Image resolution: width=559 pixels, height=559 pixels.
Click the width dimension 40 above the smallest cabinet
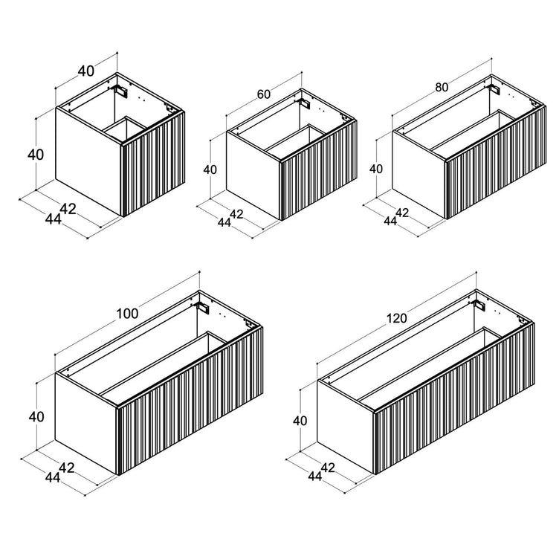[86, 71]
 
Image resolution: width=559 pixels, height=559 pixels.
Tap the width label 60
[263, 94]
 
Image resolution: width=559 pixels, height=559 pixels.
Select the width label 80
[442, 88]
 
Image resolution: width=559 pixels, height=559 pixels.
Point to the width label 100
[127, 314]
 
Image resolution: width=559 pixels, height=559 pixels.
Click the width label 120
[396, 318]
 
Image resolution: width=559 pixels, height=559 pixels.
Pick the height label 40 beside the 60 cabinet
[210, 169]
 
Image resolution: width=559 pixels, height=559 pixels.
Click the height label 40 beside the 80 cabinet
[375, 169]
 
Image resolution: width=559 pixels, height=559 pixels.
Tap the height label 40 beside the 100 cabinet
[36, 416]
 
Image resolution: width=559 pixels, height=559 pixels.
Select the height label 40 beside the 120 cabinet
[300, 421]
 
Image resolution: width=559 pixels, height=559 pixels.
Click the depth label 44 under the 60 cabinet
[224, 222]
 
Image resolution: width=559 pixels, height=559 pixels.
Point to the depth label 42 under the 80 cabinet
[402, 213]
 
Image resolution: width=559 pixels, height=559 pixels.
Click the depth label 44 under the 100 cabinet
[52, 477]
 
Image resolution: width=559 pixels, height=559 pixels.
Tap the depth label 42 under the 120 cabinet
[328, 468]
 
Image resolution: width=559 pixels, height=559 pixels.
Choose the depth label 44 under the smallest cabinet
[53, 219]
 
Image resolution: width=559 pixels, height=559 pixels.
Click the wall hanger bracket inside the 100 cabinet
[203, 307]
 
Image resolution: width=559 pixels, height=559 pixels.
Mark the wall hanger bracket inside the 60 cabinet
[305, 103]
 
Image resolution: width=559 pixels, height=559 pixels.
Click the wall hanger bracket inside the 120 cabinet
[479, 305]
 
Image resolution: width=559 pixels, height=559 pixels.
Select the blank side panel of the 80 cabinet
[419, 175]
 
